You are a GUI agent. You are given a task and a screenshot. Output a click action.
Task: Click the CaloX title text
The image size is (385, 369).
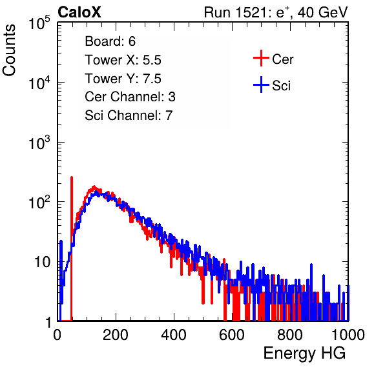click(79, 12)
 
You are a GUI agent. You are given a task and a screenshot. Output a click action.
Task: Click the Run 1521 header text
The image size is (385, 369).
click(276, 12)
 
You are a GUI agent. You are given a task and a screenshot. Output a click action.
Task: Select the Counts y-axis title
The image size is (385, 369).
click(9, 50)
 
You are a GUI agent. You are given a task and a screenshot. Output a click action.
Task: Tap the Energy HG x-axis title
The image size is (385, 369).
click(304, 353)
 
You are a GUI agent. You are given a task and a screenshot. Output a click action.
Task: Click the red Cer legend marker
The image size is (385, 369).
click(261, 58)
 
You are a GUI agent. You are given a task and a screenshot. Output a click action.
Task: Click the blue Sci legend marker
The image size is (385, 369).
click(261, 85)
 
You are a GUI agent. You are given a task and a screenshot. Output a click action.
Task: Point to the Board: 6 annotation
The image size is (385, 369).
click(110, 41)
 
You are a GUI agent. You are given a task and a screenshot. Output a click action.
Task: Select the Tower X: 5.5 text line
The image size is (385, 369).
click(123, 60)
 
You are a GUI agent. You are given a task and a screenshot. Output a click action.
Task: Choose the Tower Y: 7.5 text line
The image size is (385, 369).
click(123, 79)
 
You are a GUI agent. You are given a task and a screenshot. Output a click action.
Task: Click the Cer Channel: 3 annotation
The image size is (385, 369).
click(130, 97)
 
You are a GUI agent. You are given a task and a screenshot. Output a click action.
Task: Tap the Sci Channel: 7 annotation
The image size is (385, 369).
click(129, 115)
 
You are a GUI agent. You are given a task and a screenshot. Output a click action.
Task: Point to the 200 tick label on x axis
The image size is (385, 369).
click(116, 335)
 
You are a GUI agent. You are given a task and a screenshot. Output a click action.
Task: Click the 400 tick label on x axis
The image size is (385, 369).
click(174, 335)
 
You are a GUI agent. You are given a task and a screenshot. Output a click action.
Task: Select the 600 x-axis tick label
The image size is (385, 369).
click(232, 335)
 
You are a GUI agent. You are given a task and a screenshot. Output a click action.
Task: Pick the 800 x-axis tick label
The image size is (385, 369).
click(290, 335)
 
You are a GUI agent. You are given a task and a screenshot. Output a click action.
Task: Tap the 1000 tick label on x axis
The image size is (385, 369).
click(348, 335)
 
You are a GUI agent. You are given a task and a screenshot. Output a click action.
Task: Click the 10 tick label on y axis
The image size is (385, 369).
click(42, 262)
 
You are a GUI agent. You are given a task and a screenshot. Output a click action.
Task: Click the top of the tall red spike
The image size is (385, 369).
click(72, 177)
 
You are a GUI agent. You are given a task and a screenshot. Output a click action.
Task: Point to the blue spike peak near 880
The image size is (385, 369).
click(311, 264)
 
